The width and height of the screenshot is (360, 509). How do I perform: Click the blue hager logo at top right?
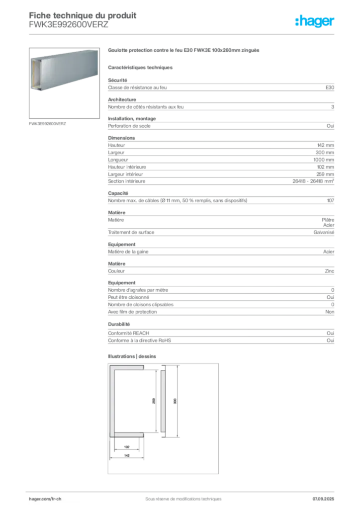(x=315, y=22)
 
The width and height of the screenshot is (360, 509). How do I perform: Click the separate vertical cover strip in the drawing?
(x=163, y=401)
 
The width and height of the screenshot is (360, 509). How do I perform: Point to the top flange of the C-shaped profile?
(x=128, y=368)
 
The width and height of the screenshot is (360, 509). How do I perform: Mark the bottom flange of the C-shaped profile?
(x=128, y=434)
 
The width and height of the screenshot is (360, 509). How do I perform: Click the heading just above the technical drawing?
(x=133, y=357)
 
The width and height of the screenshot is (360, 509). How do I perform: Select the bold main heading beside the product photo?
(x=184, y=51)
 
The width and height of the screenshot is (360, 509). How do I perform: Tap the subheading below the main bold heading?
(x=141, y=67)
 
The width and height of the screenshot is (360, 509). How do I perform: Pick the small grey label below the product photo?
(x=48, y=123)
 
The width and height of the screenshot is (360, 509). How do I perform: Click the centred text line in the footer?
(x=180, y=495)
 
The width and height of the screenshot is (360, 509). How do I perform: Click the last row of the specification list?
(x=219, y=340)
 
